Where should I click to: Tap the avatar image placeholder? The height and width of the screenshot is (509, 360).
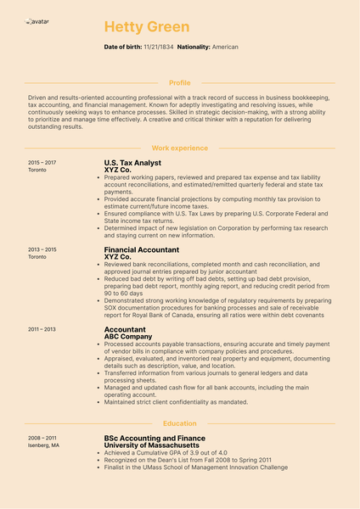[x=37, y=20]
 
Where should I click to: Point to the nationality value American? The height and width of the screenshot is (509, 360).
[x=225, y=48]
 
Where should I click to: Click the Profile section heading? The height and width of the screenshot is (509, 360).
[x=180, y=83]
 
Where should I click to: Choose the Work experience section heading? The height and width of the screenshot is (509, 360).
[x=179, y=148]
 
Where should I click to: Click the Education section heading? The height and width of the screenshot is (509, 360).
[x=179, y=423]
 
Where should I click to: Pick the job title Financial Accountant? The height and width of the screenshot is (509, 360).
[x=141, y=250]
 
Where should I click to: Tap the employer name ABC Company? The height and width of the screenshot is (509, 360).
[x=127, y=337]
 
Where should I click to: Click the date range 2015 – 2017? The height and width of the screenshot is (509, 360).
[x=42, y=162]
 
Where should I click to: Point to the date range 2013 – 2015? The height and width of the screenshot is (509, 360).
[x=42, y=250]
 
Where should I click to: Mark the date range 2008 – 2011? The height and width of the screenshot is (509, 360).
[x=42, y=438]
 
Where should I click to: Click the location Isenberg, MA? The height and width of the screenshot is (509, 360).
[x=44, y=445]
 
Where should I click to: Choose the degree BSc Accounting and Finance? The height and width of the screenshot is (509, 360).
[x=155, y=439]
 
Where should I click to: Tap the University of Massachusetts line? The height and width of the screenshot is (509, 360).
[x=158, y=445]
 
